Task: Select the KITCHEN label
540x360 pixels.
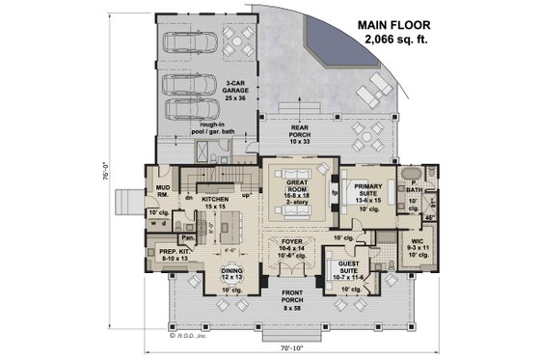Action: point(214,200)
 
